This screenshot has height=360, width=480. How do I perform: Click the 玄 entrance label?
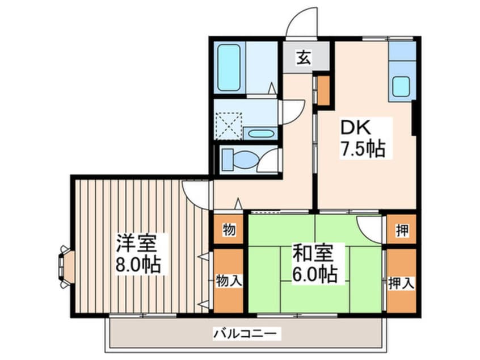pos(304,57)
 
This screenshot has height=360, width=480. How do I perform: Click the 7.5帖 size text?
pos(362,149)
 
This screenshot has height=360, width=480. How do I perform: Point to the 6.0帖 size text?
pos(314,275)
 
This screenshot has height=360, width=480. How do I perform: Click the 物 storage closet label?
pos(229,231)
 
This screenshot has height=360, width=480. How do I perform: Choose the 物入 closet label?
pos(229,281)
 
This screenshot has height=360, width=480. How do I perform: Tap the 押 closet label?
pos(401,231)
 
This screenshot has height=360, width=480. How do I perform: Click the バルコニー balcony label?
pos(246,333)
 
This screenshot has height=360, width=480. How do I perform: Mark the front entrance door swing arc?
pos(301,22)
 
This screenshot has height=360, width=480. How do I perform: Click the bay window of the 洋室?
pos(64,265)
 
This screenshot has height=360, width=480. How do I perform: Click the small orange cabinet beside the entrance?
pos(323,91)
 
